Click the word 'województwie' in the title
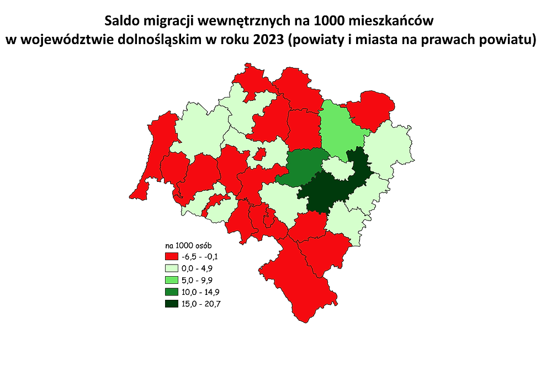[x=67, y=41]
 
